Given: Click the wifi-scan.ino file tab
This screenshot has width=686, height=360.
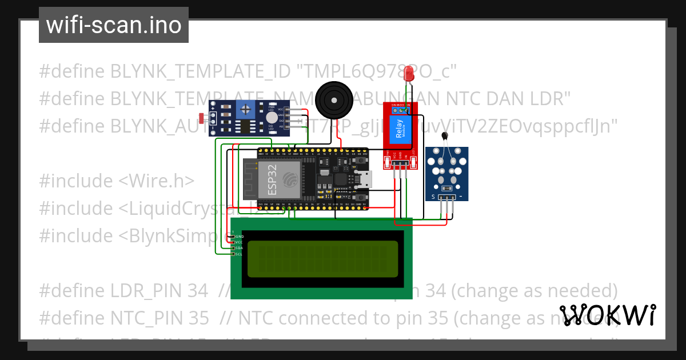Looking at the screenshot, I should point(113,25).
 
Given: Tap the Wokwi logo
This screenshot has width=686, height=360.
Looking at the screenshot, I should point(608,315).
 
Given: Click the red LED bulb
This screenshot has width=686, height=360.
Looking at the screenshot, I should point(409,74).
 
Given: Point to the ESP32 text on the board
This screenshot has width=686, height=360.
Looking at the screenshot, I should point(269,178).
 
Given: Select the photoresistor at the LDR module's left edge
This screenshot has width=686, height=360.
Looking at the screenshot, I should point(201,119).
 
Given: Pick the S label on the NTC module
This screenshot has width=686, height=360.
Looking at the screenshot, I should point(433,197).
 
